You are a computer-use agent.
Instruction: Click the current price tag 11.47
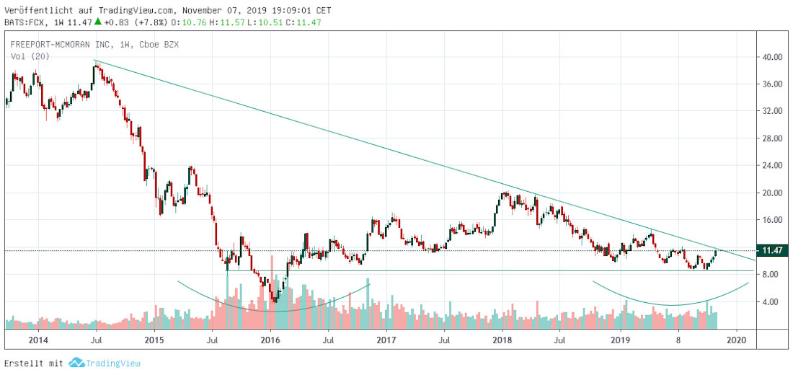tap(772, 250)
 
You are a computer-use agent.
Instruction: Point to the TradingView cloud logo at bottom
tap(76, 362)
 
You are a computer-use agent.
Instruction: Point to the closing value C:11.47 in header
tap(302, 22)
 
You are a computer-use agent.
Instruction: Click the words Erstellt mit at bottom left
tap(33, 362)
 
